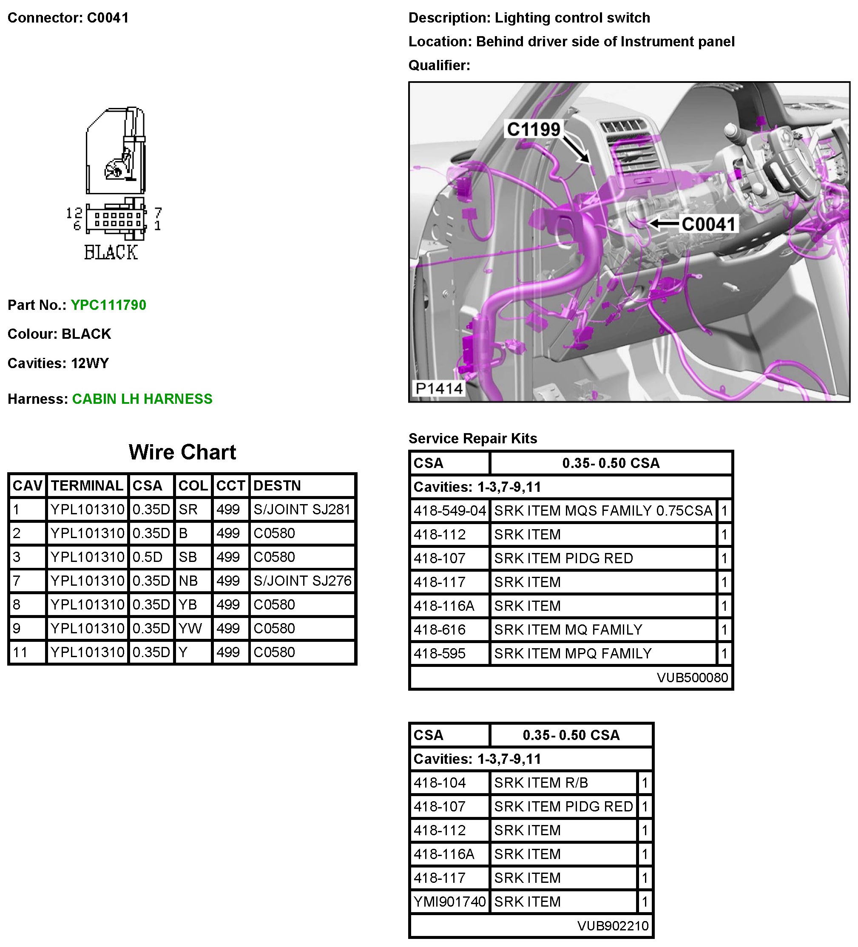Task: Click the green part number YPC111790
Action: click(108, 305)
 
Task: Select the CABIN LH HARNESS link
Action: click(142, 399)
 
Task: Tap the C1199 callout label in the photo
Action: click(533, 129)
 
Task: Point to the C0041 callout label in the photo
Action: click(708, 224)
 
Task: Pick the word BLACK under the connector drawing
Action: click(111, 253)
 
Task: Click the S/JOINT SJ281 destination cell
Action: click(302, 509)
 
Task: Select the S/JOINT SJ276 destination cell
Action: click(302, 581)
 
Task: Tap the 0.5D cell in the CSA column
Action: click(148, 557)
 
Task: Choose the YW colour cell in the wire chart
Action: click(190, 629)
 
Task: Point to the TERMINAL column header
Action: click(87, 485)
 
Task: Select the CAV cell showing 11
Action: click(20, 652)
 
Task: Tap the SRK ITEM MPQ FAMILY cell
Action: click(573, 653)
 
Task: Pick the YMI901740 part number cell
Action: click(450, 902)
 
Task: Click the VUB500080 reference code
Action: click(692, 678)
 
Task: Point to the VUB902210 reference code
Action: click(613, 925)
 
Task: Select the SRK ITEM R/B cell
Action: click(541, 783)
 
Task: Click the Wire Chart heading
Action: click(182, 452)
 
